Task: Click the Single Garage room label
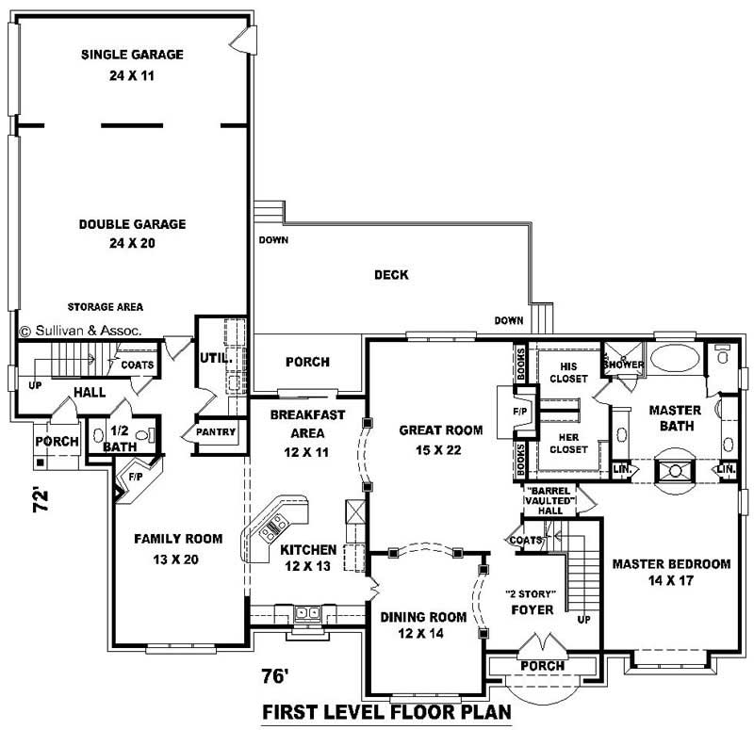[x=132, y=55]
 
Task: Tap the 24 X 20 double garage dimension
[x=132, y=243]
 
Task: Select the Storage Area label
[x=106, y=307]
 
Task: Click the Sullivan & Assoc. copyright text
[x=81, y=331]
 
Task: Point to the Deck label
[x=391, y=275]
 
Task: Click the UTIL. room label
[x=216, y=358]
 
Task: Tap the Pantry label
[x=216, y=432]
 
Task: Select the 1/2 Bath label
[x=120, y=438]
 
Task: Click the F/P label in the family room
[x=136, y=477]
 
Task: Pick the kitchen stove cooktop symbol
[x=272, y=527]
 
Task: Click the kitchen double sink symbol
[x=307, y=613]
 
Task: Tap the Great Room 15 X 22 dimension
[x=438, y=450]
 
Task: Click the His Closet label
[x=568, y=372]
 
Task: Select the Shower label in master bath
[x=624, y=365]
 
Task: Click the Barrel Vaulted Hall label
[x=550, y=500]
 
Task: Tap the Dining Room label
[x=423, y=617]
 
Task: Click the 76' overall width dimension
[x=275, y=676]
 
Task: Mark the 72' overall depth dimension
[x=41, y=500]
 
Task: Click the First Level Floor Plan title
[x=387, y=712]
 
